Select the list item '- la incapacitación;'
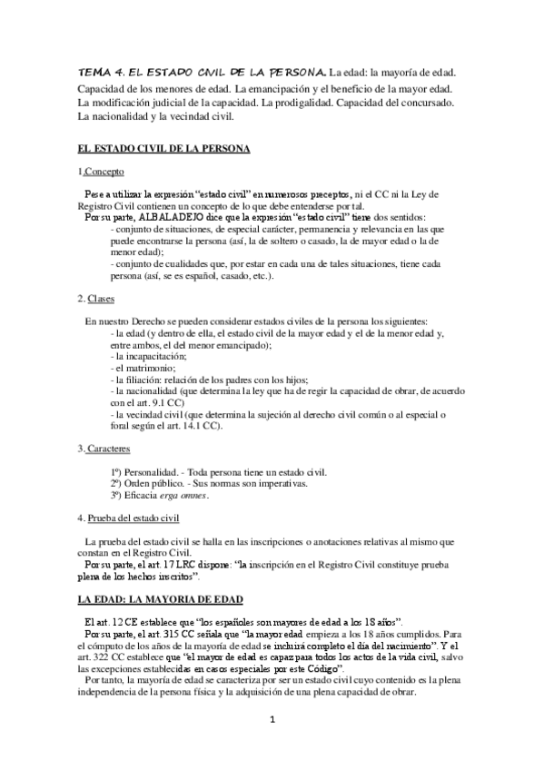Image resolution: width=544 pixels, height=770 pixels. [x=151, y=357]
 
